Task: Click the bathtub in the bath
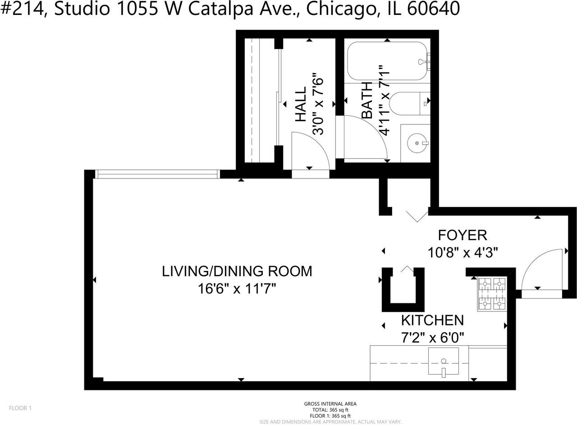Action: (387, 61)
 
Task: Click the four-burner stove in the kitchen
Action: (492, 294)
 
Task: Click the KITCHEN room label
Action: (432, 320)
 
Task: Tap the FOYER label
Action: (463, 235)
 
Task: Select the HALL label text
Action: (300, 105)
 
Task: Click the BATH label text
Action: (366, 100)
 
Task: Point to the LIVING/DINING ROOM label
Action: (237, 271)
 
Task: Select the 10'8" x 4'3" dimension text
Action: (463, 252)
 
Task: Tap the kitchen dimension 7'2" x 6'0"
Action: (432, 337)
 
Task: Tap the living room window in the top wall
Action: (157, 174)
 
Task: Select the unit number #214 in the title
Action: (23, 9)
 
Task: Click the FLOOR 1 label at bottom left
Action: (20, 408)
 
